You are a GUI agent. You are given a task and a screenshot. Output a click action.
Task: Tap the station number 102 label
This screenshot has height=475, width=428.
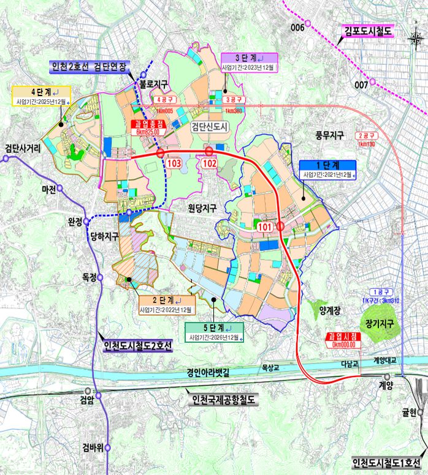pos(210,164)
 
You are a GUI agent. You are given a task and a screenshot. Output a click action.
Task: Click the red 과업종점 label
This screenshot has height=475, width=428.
pos(148,123)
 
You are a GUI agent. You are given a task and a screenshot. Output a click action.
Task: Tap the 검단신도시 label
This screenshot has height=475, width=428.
pos(209,127)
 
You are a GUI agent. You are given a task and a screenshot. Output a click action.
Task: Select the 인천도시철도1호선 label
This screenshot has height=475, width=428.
pos(387,463)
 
